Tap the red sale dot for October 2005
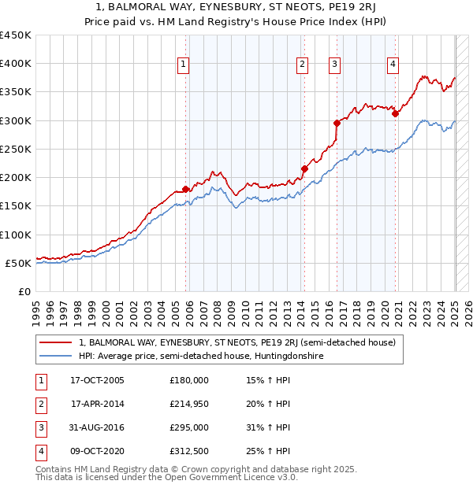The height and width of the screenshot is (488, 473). tap(186, 189)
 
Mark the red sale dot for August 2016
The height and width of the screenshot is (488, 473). tap(337, 123)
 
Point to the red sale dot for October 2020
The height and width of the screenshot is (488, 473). tap(395, 113)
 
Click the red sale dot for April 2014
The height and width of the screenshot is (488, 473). tap(304, 168)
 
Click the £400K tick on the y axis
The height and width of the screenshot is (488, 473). tap(15, 64)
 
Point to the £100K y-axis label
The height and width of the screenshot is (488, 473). tap(15, 235)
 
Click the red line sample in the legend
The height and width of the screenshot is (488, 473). tap(56, 342)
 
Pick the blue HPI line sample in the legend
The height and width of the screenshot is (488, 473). tap(56, 356)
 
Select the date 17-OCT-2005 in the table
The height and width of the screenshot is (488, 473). tap(97, 380)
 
